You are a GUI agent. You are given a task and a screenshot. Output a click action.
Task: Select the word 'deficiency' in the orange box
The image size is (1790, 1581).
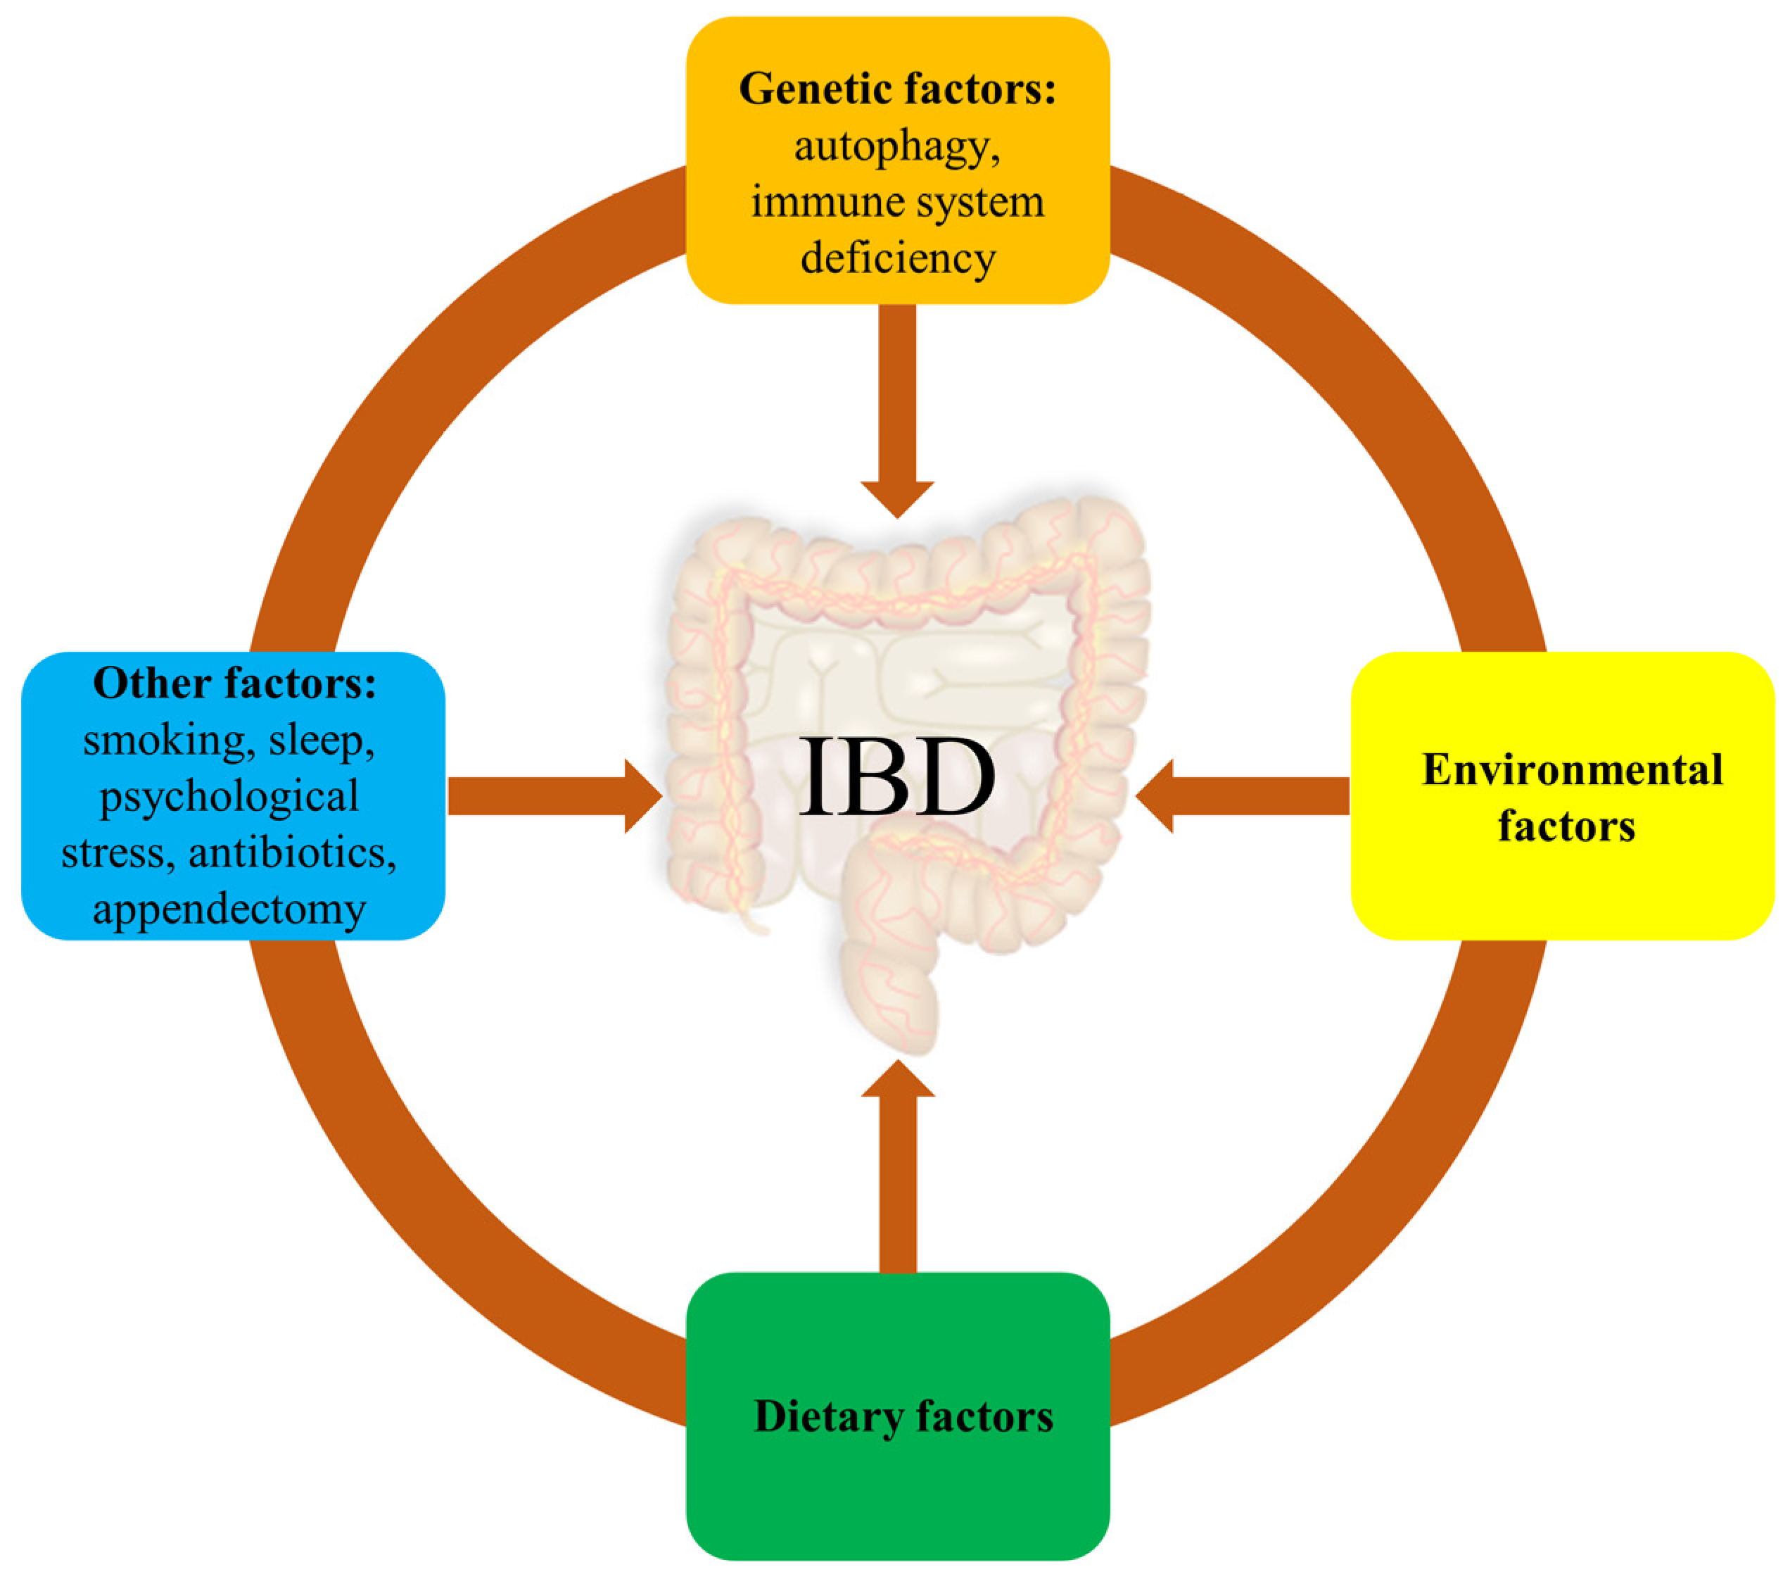pos(898,258)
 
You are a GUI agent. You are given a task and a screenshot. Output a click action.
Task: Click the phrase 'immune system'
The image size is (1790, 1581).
pos(898,202)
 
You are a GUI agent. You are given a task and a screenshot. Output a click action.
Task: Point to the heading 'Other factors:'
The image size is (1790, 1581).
pos(234,684)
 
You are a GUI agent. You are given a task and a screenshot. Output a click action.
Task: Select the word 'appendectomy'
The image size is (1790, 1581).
pos(229,910)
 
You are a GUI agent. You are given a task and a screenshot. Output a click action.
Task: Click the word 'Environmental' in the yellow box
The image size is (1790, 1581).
pos(1572,770)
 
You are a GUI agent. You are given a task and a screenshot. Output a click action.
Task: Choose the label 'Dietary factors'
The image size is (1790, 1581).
pos(903,1416)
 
